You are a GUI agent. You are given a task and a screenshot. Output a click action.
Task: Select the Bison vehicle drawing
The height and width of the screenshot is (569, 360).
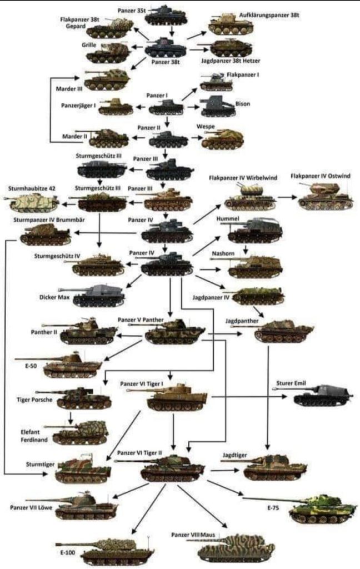(214, 106)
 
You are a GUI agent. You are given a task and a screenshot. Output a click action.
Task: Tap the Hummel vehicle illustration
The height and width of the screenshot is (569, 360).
(254, 231)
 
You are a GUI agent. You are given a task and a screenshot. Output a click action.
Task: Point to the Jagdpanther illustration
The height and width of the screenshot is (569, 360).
(284, 332)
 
